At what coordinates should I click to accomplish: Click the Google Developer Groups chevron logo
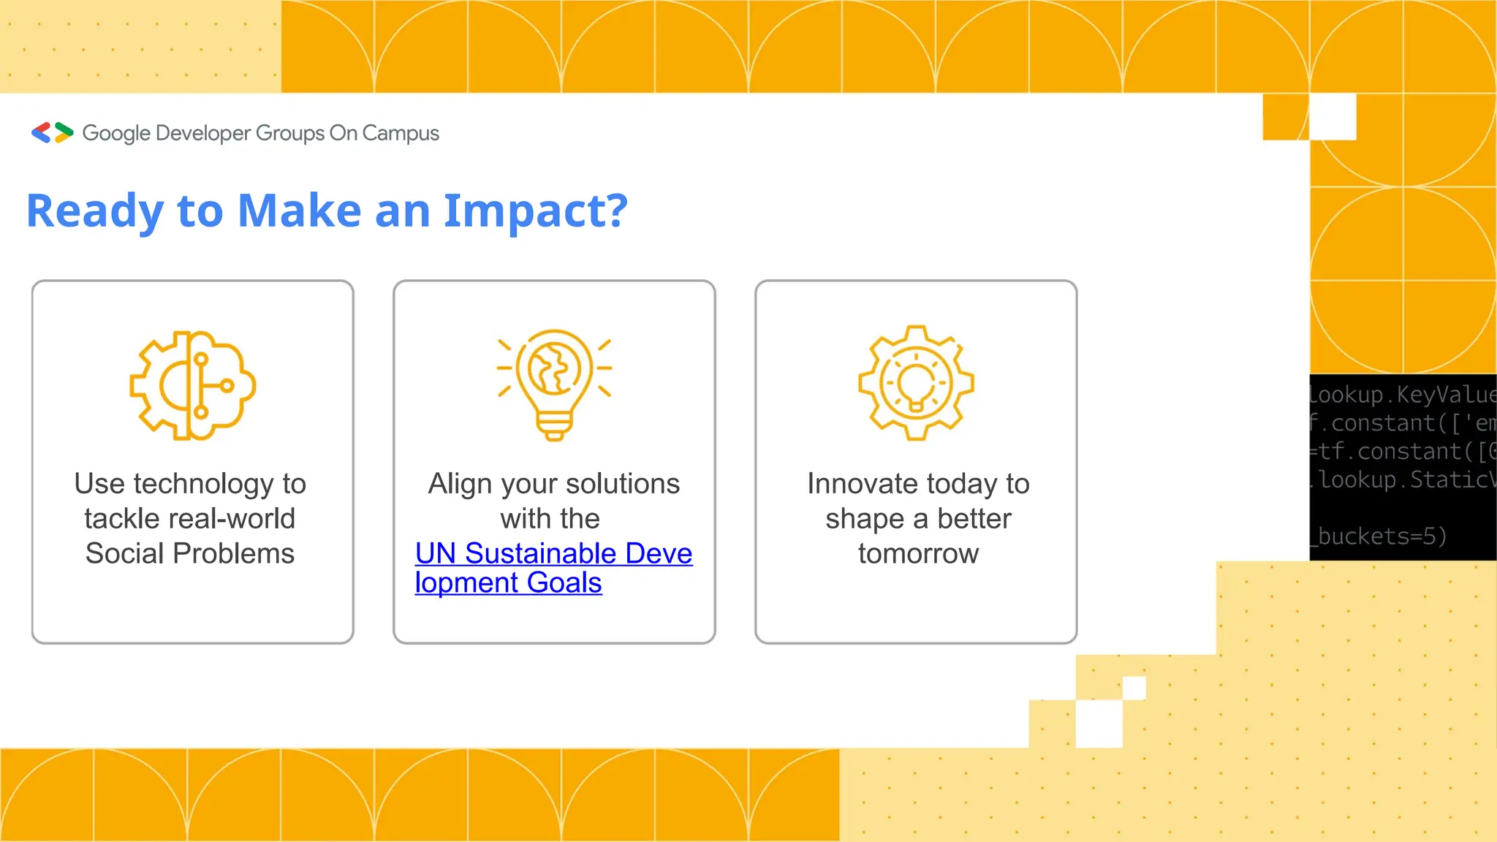(x=52, y=132)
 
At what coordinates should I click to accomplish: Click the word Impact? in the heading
(x=535, y=211)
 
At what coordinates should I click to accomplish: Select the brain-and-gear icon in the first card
(x=192, y=385)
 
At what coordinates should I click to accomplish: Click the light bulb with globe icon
(x=554, y=384)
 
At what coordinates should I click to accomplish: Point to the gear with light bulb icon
(x=916, y=383)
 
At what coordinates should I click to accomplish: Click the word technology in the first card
(x=204, y=484)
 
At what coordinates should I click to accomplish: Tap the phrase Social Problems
(x=190, y=553)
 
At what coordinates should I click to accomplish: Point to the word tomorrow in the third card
(x=918, y=553)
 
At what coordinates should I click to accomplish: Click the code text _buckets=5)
(x=1379, y=536)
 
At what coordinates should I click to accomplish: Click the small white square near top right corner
(x=1333, y=117)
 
